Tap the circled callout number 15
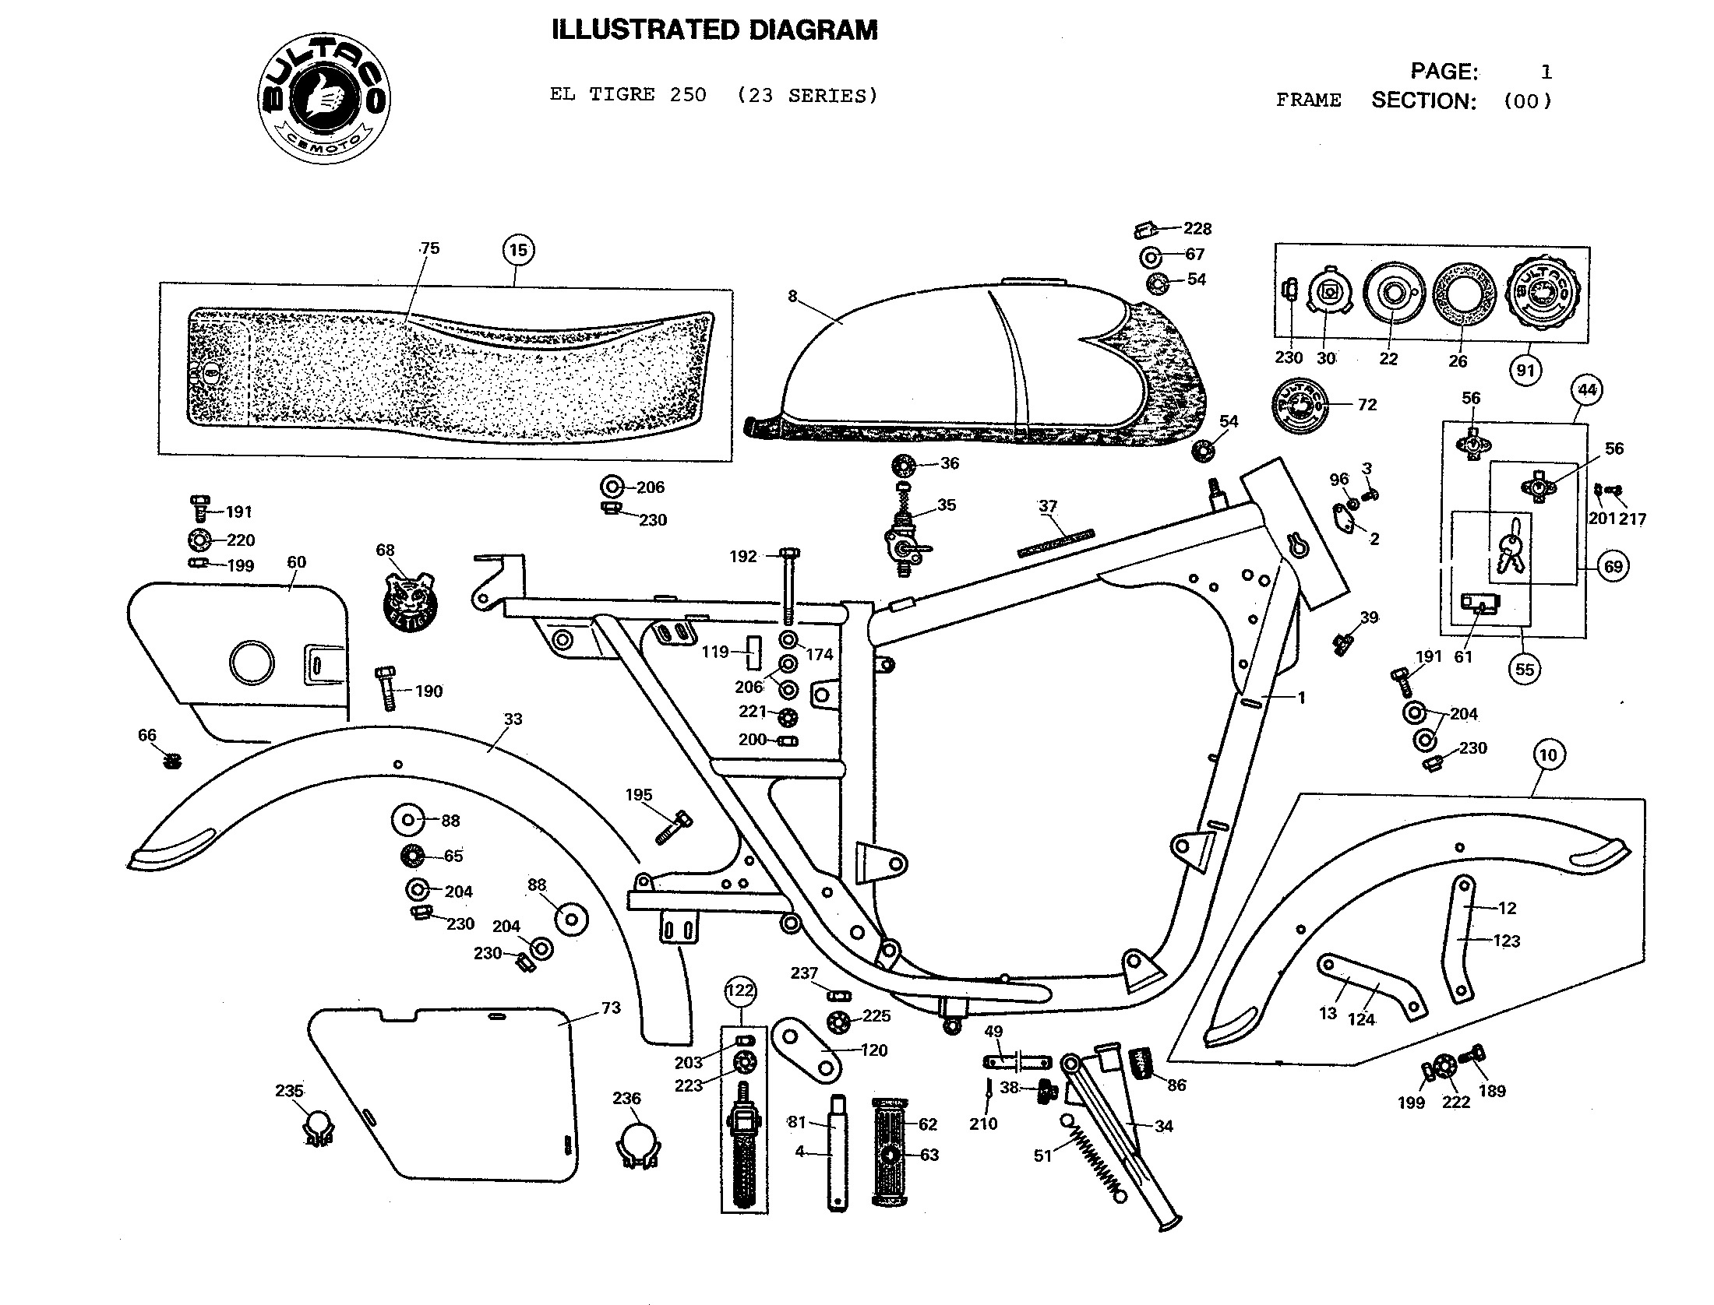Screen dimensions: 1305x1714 [x=519, y=250]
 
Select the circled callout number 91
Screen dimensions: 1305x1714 [x=1525, y=370]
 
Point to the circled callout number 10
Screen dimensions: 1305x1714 [x=1548, y=755]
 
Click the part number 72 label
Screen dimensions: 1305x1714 [x=1367, y=405]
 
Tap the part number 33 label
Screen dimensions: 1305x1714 [x=513, y=719]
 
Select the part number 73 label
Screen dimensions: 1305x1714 [x=611, y=1008]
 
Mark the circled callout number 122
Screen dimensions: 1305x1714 [x=740, y=990]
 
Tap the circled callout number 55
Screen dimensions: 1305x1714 [x=1525, y=669]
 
